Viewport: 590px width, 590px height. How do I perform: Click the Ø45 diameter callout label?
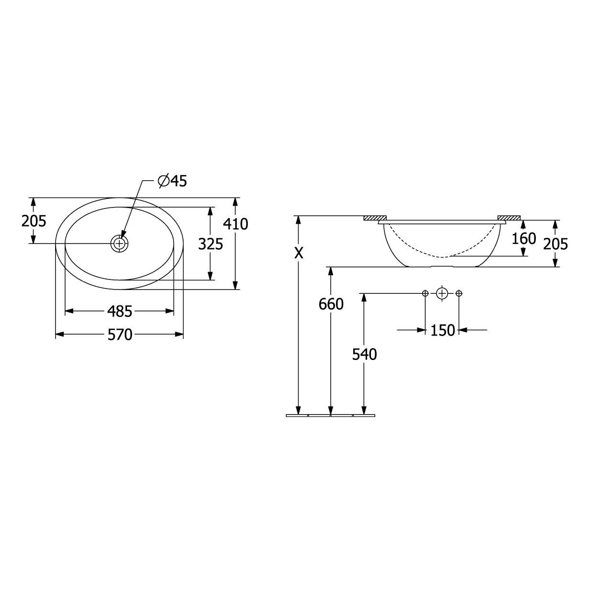coord(173,181)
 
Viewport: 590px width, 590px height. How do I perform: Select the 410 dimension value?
coord(235,224)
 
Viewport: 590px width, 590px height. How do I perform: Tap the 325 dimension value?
coord(210,244)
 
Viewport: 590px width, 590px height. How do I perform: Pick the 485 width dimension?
coord(120,312)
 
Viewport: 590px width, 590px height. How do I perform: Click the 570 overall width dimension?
coord(120,335)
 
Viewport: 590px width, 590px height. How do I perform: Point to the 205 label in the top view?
coord(34,221)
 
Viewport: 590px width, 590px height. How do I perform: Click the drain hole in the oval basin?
coord(119,243)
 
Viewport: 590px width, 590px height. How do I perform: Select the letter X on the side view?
coord(299,253)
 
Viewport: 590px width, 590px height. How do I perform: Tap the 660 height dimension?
coord(331,304)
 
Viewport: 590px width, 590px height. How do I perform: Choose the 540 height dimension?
coord(364,355)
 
